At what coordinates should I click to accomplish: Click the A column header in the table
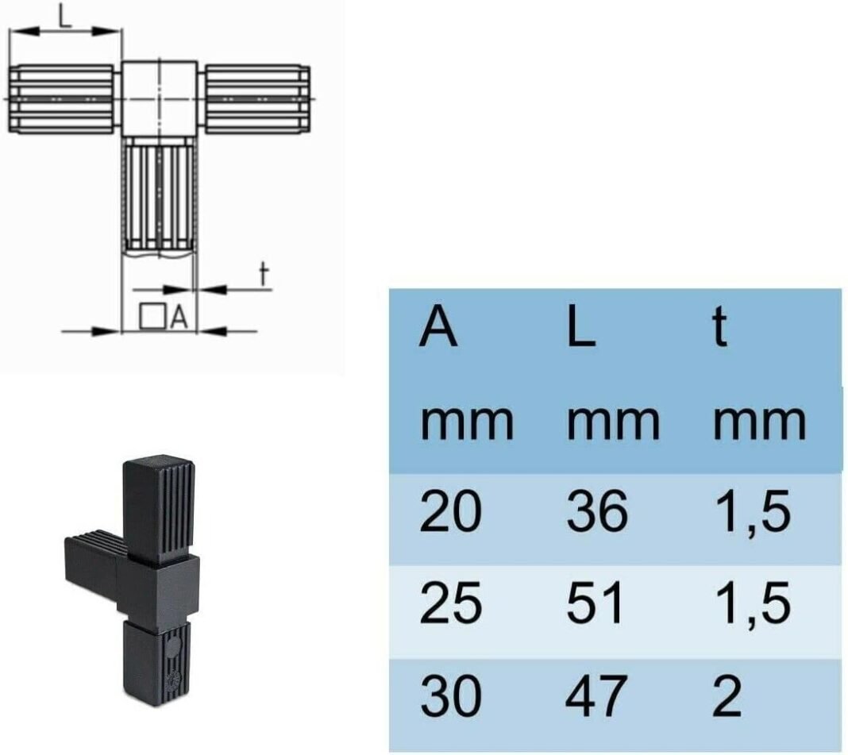438,327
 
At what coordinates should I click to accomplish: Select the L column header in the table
581,327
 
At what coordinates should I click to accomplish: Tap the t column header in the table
719,327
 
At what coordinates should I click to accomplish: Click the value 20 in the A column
450,510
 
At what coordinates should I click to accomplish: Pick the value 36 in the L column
597,510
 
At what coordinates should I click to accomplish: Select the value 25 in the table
450,603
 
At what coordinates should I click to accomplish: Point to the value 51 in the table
595,603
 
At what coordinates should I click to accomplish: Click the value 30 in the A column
450,695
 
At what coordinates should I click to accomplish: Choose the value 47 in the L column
596,695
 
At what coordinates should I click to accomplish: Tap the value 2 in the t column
727,695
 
